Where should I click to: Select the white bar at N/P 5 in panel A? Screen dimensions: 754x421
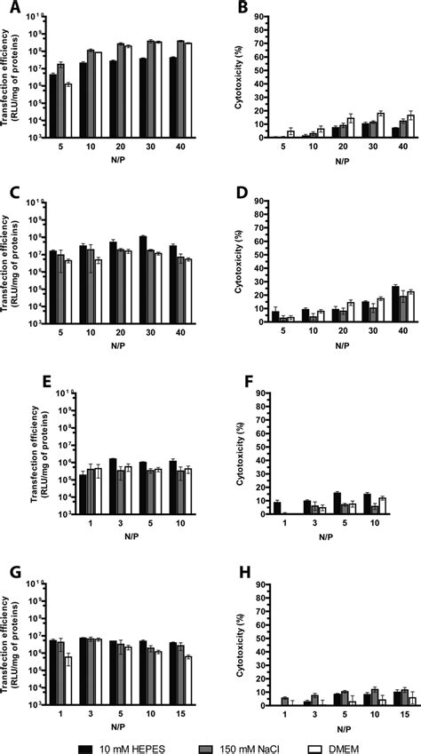(68, 110)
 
